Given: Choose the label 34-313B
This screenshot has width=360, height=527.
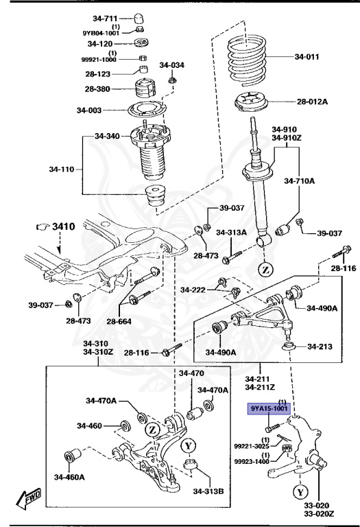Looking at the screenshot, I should click(208, 491).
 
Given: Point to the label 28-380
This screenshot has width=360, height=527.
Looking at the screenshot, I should click(98, 89).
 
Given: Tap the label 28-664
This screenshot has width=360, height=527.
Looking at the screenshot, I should click(120, 322).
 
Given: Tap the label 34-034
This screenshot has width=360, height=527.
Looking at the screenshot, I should click(172, 65).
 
